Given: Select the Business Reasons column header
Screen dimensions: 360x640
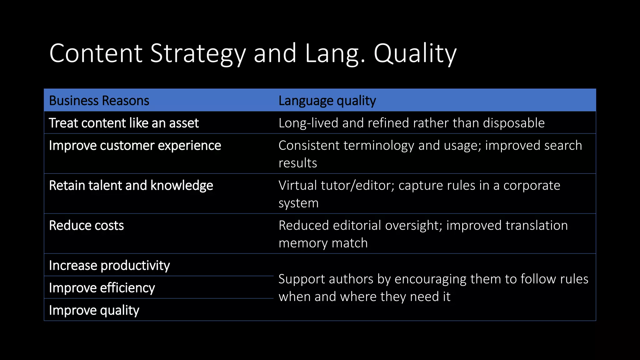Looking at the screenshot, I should click(99, 101).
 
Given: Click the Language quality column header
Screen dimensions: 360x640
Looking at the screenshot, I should click(327, 101).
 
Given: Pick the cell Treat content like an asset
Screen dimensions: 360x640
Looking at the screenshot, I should click(124, 123).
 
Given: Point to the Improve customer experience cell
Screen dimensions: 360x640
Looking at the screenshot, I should click(135, 146).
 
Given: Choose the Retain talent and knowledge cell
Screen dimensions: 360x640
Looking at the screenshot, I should click(131, 186).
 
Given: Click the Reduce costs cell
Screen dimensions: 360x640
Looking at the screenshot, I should click(87, 226).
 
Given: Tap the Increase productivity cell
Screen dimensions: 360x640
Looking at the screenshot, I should click(109, 266).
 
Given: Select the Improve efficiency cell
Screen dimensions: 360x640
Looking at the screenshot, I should click(102, 288).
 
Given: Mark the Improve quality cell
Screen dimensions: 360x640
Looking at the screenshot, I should click(94, 310).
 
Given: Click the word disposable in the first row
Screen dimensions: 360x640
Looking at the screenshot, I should click(513, 123).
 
